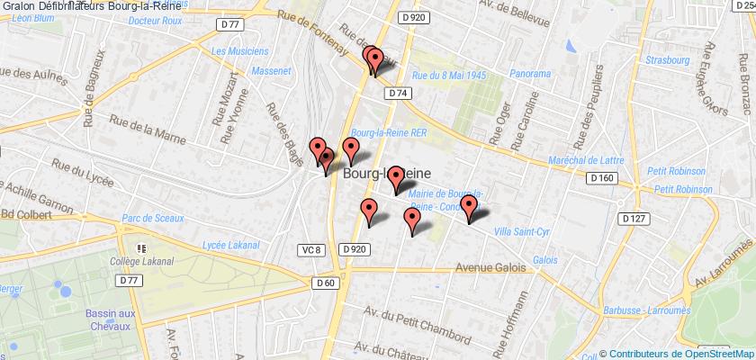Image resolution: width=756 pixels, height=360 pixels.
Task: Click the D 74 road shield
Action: (399, 93)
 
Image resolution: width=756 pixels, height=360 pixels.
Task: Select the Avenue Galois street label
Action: (490, 241)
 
